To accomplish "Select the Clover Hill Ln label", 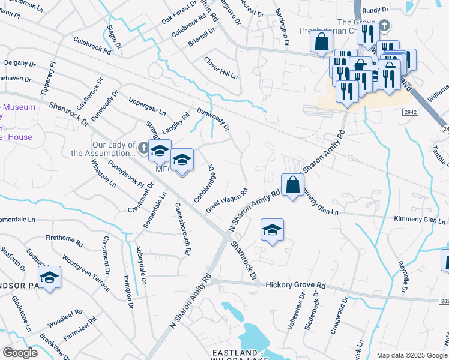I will (x=220, y=68).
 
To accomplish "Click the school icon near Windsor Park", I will (x=49, y=277).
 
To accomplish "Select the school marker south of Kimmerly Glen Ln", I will (x=272, y=230).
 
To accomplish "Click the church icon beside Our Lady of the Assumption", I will (x=143, y=147).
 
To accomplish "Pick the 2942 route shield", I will (x=411, y=112).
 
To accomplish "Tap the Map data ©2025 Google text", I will (x=411, y=355).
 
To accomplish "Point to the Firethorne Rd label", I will (x=64, y=241).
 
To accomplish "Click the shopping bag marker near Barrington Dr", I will (x=322, y=41).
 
